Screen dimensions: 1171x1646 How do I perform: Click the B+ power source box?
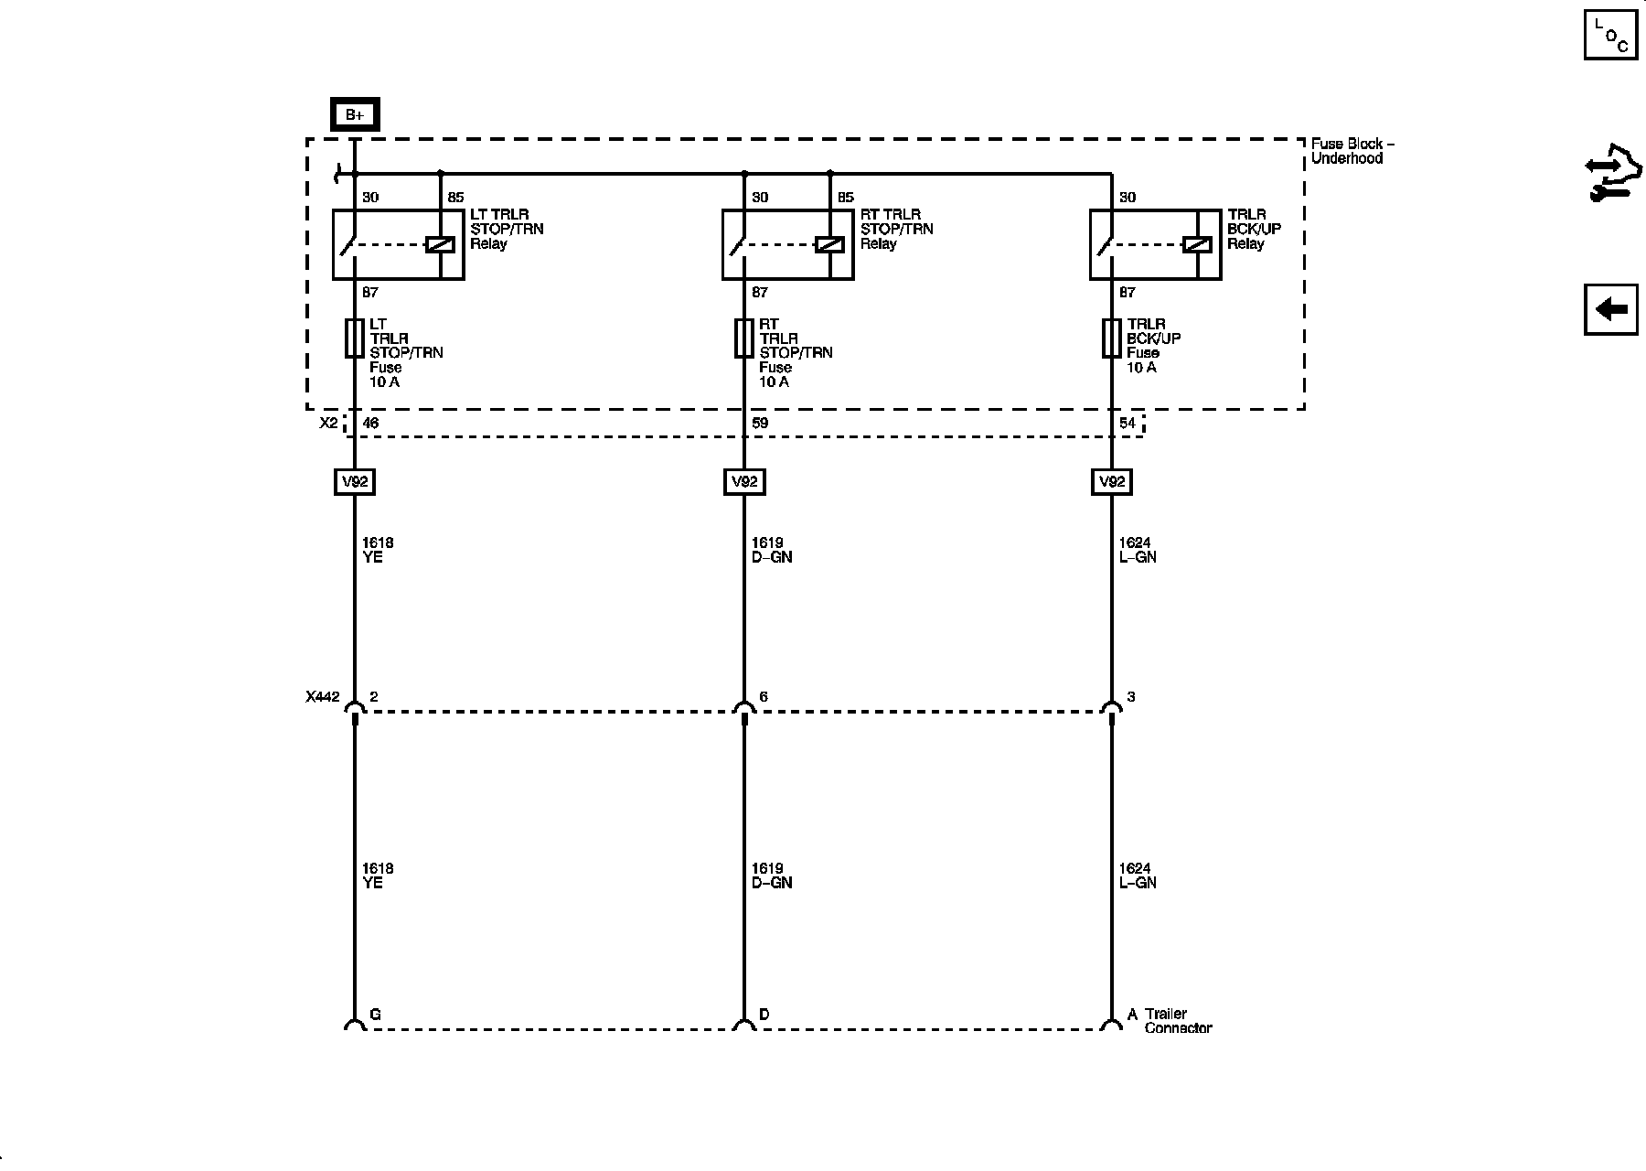355,114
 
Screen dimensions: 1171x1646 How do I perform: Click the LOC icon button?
1610,35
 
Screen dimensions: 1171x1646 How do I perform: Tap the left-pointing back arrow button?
1610,309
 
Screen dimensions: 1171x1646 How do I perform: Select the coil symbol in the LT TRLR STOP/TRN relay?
441,244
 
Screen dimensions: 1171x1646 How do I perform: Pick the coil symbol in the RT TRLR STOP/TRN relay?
829,244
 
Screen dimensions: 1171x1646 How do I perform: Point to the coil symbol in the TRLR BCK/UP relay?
1197,244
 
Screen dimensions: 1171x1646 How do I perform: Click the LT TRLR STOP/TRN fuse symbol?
355,338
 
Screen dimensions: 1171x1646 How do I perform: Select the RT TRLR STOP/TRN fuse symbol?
744,338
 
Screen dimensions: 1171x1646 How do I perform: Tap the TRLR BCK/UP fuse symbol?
1112,338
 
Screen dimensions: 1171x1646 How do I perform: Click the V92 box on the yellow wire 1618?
355,481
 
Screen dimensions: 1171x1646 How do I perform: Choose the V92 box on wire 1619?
744,481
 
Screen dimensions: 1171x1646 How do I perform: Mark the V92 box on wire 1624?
1112,481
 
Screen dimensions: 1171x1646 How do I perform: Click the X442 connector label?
322,697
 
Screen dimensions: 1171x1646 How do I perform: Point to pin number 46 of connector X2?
370,424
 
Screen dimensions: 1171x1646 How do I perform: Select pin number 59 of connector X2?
760,424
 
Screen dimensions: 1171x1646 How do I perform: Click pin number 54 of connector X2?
1128,424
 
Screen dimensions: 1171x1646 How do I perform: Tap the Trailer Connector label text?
1177,1021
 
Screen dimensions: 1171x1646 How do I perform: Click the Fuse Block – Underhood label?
1352,151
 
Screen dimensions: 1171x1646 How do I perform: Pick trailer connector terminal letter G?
375,1015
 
